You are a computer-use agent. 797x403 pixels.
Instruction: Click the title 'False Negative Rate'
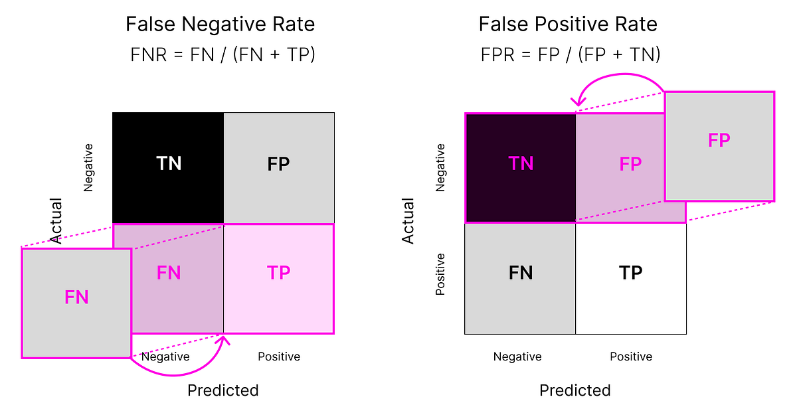[x=221, y=25]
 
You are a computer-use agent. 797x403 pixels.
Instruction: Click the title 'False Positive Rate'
[x=568, y=25]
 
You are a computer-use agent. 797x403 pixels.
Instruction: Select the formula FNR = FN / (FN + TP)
[x=222, y=54]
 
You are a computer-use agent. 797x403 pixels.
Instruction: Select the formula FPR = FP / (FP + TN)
[x=570, y=54]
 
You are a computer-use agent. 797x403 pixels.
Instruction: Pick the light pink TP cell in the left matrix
[x=279, y=273]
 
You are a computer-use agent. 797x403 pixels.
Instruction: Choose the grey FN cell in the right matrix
[x=520, y=273]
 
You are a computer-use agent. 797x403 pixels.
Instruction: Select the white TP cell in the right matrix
[x=631, y=273]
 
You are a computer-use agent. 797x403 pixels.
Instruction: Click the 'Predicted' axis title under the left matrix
[x=222, y=390]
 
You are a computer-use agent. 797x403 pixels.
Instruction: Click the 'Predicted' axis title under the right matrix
[x=575, y=390]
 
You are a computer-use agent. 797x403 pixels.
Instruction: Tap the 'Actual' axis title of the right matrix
[x=408, y=220]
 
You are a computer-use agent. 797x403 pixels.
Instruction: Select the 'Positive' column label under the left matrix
[x=279, y=357]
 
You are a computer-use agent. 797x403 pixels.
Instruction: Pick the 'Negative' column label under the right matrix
[x=517, y=357]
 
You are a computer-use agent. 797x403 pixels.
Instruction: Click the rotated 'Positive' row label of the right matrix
[x=440, y=274]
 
